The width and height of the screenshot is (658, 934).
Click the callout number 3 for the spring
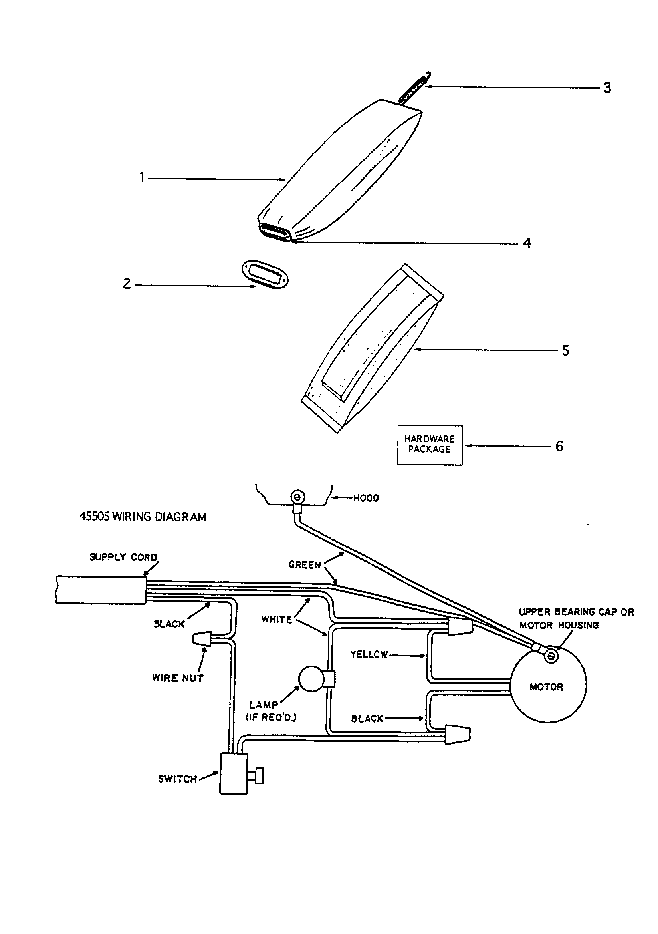[607, 87]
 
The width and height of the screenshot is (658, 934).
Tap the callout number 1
[142, 178]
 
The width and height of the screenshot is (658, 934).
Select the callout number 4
[527, 243]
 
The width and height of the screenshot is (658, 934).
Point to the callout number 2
[127, 284]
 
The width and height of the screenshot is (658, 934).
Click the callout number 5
[565, 350]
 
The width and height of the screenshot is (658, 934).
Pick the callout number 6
[560, 446]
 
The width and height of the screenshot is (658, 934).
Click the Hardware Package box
[430, 445]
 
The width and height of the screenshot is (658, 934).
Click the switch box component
[234, 773]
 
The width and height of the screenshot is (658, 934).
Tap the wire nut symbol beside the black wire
[202, 639]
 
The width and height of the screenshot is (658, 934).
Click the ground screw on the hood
[297, 497]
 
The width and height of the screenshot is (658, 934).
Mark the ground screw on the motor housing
[551, 656]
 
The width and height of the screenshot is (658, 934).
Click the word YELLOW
[369, 654]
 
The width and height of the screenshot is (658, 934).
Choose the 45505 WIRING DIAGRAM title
[142, 517]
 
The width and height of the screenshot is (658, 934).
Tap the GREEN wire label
[305, 564]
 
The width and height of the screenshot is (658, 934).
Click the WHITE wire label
[277, 620]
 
